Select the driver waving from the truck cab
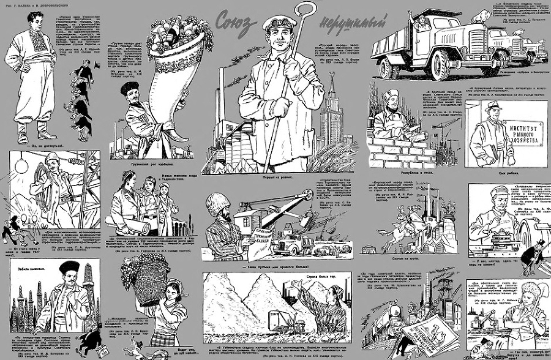pos(422,23)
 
